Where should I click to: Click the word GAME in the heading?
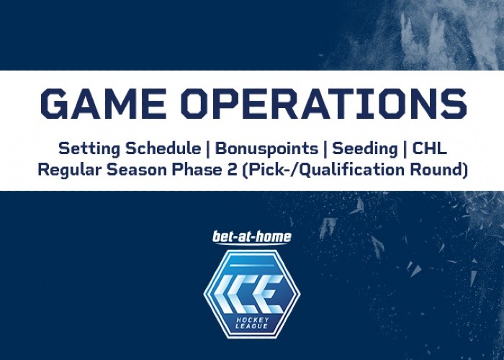[103, 104]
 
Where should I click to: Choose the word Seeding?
[365, 149]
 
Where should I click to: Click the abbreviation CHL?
[429, 149]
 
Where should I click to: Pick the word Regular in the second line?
[71, 170]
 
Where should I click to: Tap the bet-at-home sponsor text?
[252, 237]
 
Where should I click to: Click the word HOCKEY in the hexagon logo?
[252, 320]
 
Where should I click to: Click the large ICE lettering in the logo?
[249, 294]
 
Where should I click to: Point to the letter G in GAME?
[54, 104]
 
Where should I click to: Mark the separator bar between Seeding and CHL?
[405, 150]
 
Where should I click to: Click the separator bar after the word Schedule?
[208, 150]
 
